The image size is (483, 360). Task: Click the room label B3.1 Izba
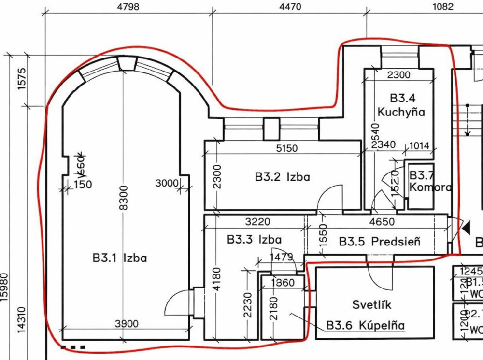tap(120, 258)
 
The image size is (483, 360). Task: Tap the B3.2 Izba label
tap(283, 177)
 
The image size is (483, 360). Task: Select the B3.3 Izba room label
tap(254, 239)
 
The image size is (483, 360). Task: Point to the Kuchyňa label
tap(401, 112)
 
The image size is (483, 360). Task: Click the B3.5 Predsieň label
tap(379, 241)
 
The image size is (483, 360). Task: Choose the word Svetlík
tap(371, 304)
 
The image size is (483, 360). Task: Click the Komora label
tap(430, 187)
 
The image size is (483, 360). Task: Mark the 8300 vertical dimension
tap(124, 198)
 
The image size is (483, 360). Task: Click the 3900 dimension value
tap(127, 324)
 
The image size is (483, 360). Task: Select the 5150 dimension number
tap(286, 148)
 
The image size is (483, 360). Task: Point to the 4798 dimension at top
tap(128, 7)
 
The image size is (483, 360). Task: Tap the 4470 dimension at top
tap(290, 7)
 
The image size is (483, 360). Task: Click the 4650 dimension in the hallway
tap(382, 222)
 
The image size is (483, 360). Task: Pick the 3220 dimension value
tap(257, 222)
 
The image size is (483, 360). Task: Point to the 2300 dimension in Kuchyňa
tap(399, 75)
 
